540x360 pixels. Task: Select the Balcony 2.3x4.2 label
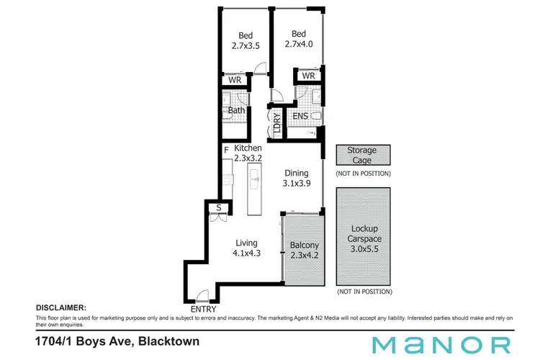coord(304,250)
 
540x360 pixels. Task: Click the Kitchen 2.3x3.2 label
coord(247,153)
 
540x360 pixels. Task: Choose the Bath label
coord(236,111)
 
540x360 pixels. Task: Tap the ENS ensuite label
coord(300,116)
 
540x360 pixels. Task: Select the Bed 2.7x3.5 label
coord(246,40)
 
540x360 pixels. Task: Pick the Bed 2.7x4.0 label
coord(299,39)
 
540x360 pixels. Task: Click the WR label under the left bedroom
coord(235,81)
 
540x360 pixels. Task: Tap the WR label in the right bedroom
coord(308,76)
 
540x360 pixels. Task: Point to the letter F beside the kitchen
coord(226,150)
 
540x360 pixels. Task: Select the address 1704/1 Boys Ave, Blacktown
coord(117,341)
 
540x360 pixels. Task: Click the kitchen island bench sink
coord(254,175)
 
